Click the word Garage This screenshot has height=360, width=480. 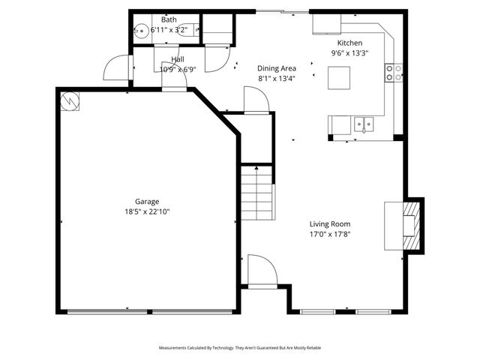pyautogui.click(x=146, y=201)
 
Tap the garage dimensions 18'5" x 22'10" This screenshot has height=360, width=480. pyautogui.click(x=146, y=211)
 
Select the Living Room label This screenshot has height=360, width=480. pyautogui.click(x=330, y=223)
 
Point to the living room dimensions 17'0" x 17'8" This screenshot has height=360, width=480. pyautogui.click(x=330, y=234)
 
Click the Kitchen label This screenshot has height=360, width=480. pyautogui.click(x=350, y=43)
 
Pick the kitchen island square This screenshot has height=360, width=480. pyautogui.click(x=339, y=77)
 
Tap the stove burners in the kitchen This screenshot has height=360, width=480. pyautogui.click(x=394, y=72)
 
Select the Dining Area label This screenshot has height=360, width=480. pyautogui.click(x=276, y=67)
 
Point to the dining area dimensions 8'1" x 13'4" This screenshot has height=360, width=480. pyautogui.click(x=276, y=78)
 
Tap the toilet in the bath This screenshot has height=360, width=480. pyautogui.click(x=192, y=30)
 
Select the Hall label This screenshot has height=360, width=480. pyautogui.click(x=178, y=59)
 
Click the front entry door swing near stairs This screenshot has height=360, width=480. pyautogui.click(x=259, y=271)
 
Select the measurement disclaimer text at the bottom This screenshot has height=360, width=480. pyautogui.click(x=240, y=348)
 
